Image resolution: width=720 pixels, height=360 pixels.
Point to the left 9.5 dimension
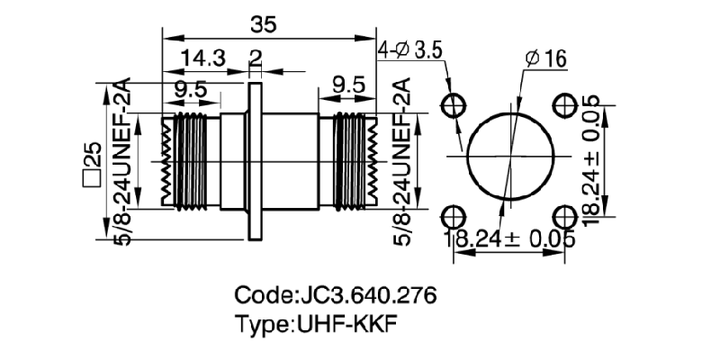(x=190, y=90)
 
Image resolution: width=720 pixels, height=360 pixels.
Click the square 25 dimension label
(x=92, y=162)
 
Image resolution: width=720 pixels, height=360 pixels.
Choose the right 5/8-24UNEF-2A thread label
(x=402, y=162)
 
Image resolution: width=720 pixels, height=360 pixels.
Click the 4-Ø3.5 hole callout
(x=412, y=49)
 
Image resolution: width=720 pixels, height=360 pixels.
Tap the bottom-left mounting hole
(x=452, y=217)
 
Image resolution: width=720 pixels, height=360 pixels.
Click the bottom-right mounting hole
(x=565, y=217)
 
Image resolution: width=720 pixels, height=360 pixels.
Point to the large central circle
(x=508, y=160)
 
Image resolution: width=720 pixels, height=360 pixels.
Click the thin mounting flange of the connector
(x=255, y=162)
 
